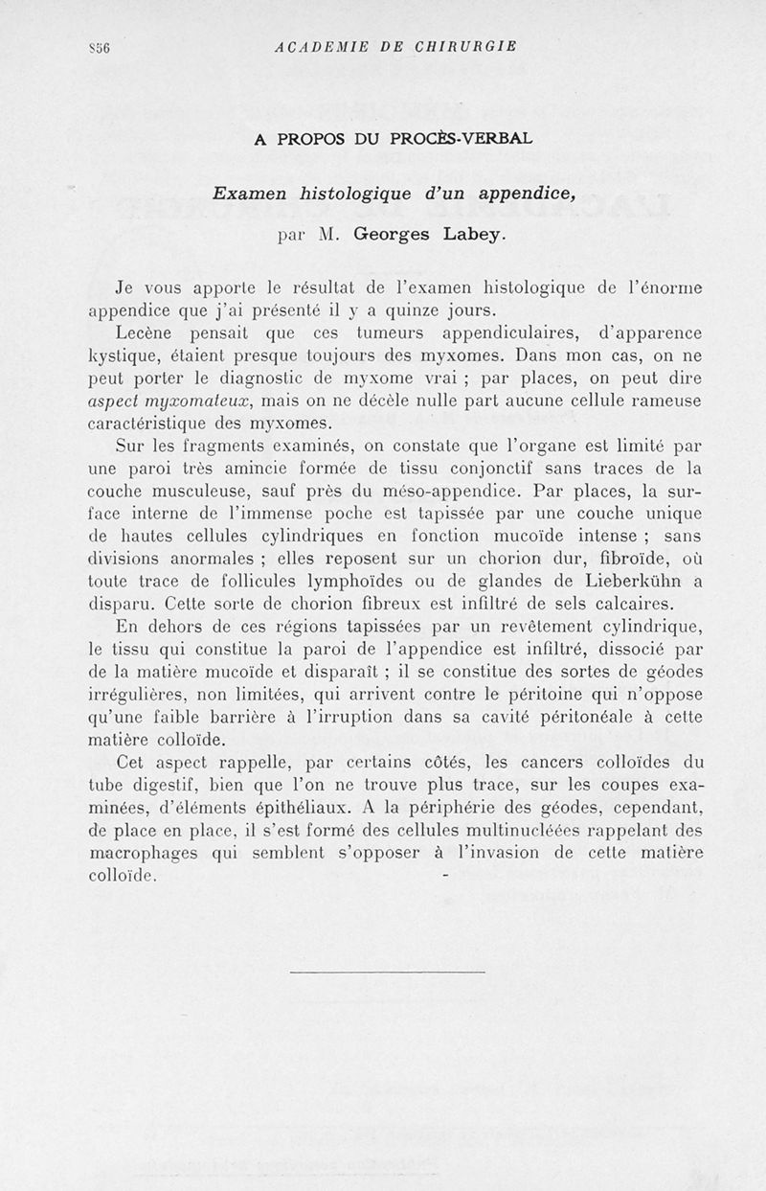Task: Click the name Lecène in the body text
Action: pos(146,333)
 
